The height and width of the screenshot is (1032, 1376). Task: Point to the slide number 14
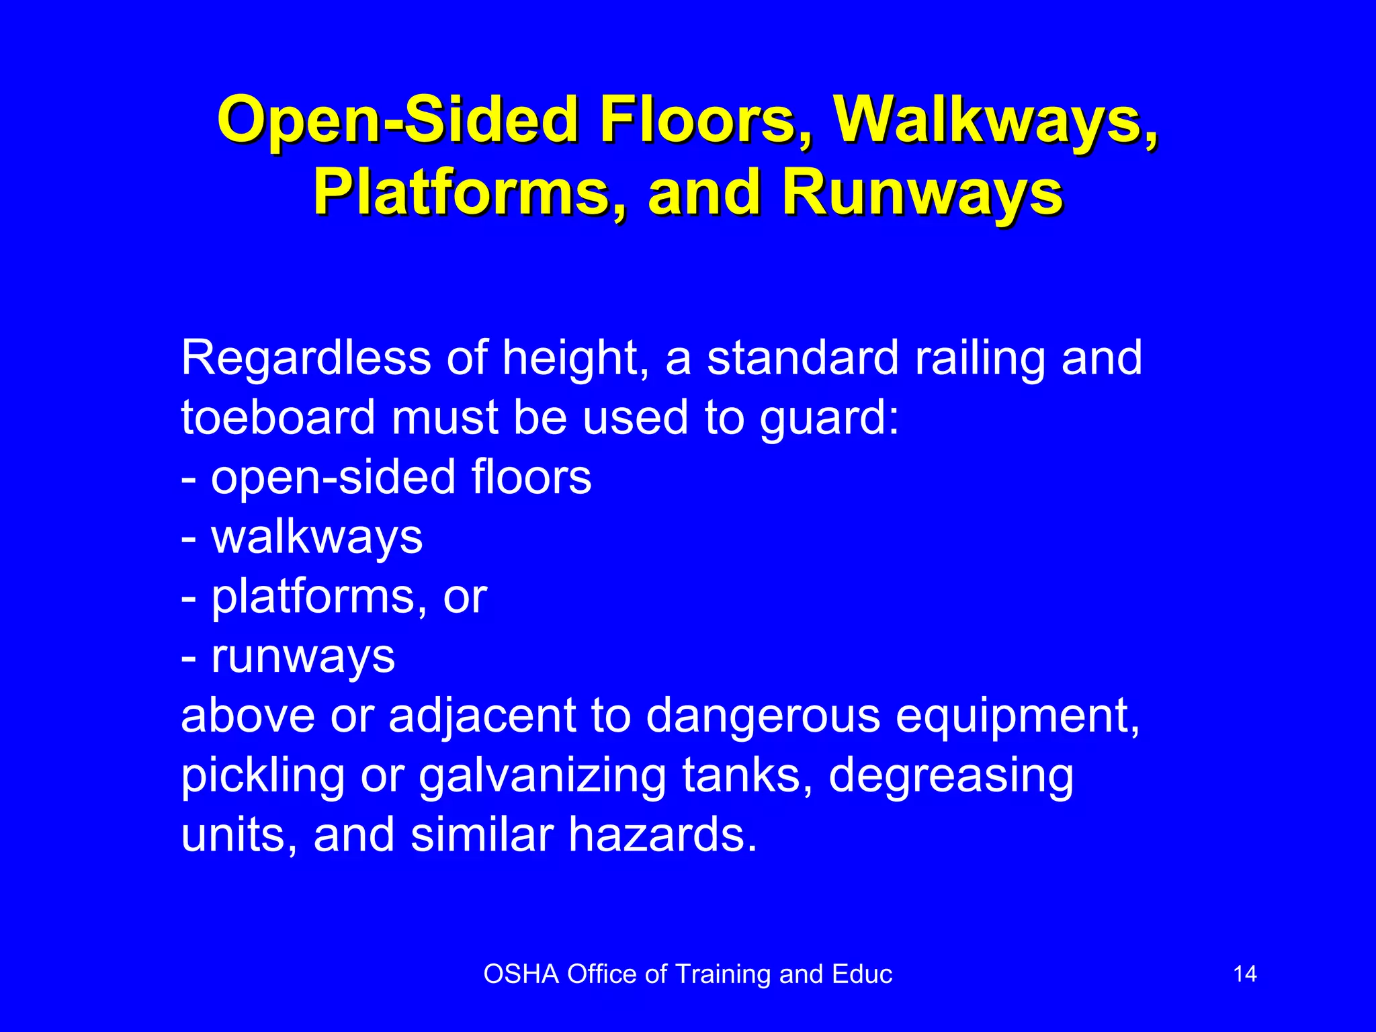coord(1245,974)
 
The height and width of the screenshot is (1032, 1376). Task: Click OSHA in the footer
coord(521,974)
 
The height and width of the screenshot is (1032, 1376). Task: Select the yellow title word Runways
coord(922,193)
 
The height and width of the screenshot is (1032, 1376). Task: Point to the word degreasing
coord(951,777)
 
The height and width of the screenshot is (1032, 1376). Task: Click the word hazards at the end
coord(662,834)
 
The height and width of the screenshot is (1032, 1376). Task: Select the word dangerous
coord(763,716)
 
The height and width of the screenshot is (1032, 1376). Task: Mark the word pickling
coord(263,777)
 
